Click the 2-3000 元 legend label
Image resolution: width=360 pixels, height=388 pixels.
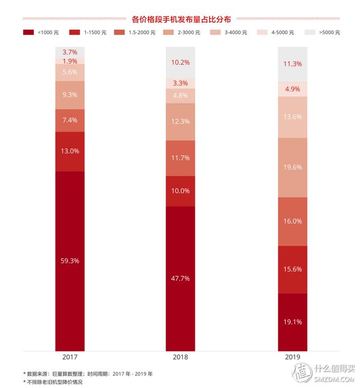pos(189,33)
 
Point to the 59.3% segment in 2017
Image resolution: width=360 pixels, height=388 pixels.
pos(70,260)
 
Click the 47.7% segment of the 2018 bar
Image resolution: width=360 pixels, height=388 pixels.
pos(181,278)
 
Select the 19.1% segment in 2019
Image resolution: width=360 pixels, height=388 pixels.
pos(292,321)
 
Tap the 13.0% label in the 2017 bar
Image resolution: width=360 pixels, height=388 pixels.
pos(70,151)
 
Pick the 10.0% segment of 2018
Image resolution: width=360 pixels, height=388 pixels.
pos(181,191)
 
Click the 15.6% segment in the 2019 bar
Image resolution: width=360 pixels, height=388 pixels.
pos(292,269)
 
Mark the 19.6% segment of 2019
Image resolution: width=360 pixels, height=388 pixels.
pos(292,167)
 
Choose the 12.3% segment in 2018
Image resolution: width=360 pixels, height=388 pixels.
pos(181,121)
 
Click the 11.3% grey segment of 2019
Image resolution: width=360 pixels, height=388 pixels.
pos(292,64)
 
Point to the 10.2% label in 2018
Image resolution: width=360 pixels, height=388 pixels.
pos(181,62)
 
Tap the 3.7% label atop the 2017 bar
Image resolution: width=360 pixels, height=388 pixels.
pos(70,52)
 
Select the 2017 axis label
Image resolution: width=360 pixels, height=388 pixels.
pos(70,357)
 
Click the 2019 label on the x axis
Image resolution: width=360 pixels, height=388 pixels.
pos(292,357)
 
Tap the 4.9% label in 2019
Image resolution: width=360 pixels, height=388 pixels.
pos(292,89)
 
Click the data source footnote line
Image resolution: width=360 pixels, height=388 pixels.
pos(88,374)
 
